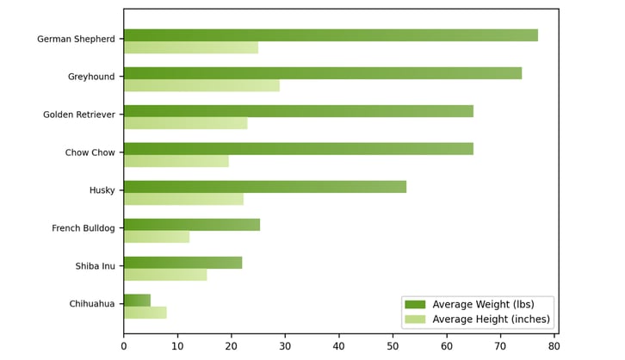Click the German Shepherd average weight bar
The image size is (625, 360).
331,35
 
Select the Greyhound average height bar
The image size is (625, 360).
201,85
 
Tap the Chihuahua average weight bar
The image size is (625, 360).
137,300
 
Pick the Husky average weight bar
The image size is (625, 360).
265,187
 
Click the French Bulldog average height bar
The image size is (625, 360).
157,237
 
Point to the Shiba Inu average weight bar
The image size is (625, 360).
183,263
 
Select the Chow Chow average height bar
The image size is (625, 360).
176,161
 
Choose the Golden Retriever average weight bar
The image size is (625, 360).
299,111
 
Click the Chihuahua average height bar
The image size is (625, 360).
145,313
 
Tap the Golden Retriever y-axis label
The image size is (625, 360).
78,115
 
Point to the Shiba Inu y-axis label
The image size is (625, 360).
95,266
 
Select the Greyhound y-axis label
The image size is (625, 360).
91,78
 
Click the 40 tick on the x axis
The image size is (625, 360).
339,346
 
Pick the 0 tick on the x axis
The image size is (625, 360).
124,346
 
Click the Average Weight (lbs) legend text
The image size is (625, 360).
483,304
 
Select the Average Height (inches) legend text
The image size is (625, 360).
491,320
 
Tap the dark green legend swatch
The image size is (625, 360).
415,304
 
